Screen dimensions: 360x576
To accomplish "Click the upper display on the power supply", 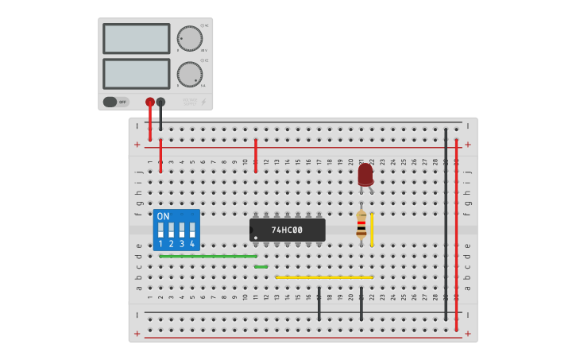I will pos(136,38).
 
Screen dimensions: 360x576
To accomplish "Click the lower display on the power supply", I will pos(136,74).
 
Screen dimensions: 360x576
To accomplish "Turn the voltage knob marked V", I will pos(189,38).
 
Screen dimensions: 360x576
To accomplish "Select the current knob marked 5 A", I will pos(189,74).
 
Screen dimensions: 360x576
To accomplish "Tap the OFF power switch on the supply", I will pos(116,102).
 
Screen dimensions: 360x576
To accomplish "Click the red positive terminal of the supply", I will pos(150,102).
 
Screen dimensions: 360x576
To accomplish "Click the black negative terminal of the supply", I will pos(160,102).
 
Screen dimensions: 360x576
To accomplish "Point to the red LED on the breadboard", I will pos(365,174).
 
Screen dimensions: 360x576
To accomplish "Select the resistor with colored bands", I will pos(361,224).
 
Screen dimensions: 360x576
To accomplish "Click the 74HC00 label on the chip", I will pos(287,230).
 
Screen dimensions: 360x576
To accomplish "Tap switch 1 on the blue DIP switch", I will pos(160,230).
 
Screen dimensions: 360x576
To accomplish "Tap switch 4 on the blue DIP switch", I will pos(191,230).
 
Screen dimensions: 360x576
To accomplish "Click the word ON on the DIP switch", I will pos(163,216).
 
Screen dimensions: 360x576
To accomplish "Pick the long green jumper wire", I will pos(208,257).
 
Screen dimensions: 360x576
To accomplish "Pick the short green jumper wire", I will pos(261,267).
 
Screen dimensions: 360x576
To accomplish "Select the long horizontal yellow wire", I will pos(324,277).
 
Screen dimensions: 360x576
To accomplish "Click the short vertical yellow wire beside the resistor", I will pos(372,229).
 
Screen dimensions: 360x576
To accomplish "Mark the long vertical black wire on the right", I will pos(446,223).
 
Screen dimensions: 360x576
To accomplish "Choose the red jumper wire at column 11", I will pos(255,156).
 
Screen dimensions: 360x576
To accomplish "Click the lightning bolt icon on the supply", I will pos(203,102).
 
